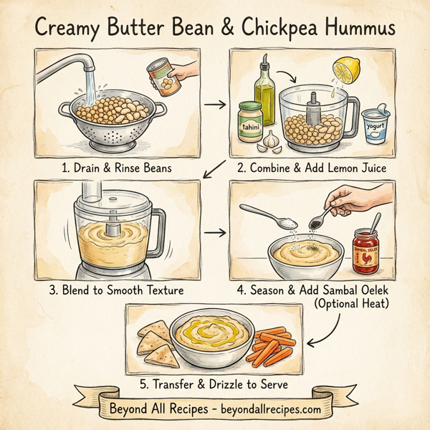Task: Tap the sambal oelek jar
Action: (x=367, y=250)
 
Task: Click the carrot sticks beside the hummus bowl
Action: (x=272, y=345)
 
